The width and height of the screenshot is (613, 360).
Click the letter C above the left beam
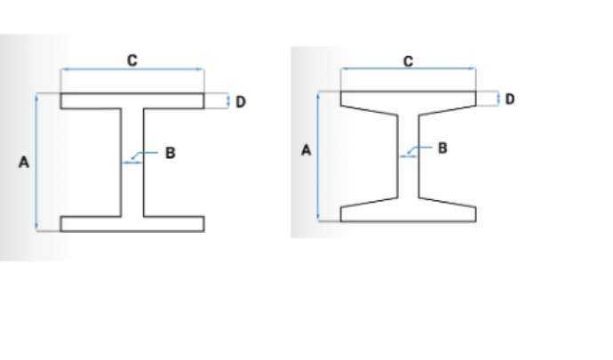132,60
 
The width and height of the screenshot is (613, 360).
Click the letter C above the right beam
408,61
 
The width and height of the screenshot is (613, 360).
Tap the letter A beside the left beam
24,162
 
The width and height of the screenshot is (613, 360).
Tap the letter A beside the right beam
306,150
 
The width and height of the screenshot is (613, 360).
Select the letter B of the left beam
170,153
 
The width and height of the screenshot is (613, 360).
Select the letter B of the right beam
442,148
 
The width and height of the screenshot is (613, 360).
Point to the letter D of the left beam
241,101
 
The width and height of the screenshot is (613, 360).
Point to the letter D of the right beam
510,99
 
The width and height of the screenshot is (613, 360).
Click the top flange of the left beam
132,101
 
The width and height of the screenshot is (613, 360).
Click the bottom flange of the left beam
132,224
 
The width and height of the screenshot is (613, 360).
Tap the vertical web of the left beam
132,162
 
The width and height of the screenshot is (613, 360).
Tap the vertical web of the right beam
409,156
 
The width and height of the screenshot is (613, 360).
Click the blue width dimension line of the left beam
132,69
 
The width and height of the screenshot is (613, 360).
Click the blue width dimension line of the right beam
409,68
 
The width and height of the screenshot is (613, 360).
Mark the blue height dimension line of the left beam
36,162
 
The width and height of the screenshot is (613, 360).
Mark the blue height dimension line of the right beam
318,156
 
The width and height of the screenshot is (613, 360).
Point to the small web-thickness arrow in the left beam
132,163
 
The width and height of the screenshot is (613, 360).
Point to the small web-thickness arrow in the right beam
409,156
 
